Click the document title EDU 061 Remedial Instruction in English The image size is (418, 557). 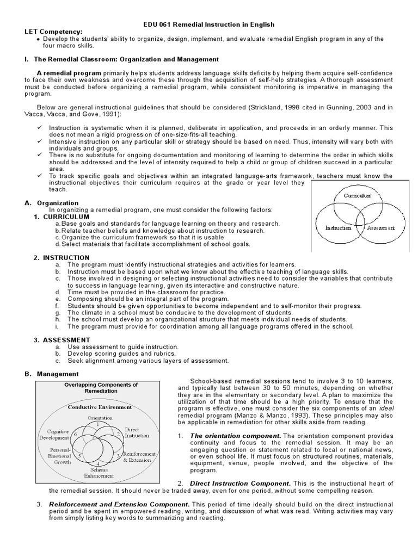coord(209,24)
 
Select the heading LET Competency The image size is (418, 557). coord(53,32)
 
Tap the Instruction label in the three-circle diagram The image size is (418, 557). coord(338,228)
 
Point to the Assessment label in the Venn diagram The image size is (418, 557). coord(381,228)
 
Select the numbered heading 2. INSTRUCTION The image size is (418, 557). coord(59,257)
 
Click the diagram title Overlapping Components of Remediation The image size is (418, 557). coord(97,388)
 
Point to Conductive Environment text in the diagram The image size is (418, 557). coord(97,406)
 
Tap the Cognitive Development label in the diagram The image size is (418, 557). coord(58,434)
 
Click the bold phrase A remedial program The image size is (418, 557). coord(69,73)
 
